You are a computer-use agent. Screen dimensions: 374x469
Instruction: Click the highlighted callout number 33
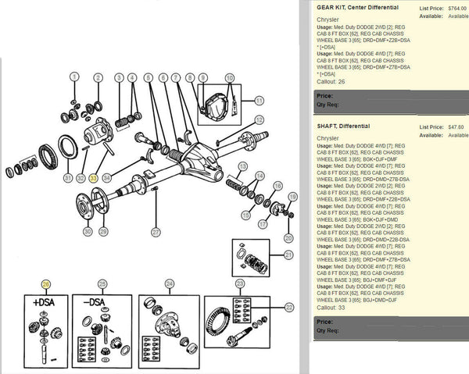tap(94, 178)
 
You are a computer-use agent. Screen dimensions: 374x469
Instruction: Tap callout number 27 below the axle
tap(156, 232)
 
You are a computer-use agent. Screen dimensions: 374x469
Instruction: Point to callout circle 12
tap(259, 119)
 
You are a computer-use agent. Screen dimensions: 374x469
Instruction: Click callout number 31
tap(67, 178)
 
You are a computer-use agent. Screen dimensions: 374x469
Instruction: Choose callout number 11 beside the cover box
tap(259, 101)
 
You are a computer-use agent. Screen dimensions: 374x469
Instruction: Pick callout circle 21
tap(288, 255)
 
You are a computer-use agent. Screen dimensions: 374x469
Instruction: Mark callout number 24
tap(169, 284)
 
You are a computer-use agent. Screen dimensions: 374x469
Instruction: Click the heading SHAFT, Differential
tap(343, 126)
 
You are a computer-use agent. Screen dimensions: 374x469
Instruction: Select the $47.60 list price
tap(457, 126)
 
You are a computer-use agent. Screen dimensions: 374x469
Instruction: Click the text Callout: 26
tap(331, 80)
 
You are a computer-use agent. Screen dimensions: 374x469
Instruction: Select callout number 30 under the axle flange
tap(87, 232)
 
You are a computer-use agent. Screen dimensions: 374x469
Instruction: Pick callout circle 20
tap(288, 237)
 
